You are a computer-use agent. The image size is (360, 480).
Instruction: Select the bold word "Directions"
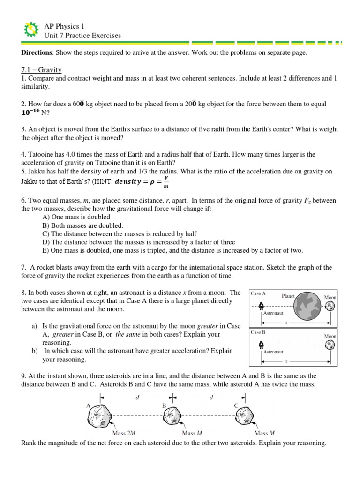coord(38,53)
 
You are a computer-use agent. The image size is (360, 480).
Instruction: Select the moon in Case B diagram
coord(330,345)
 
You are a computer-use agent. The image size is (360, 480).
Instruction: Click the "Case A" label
coord(258,293)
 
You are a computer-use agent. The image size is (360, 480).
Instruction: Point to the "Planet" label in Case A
coord(287,296)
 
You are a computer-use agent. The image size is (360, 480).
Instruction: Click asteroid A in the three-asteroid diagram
coord(99,414)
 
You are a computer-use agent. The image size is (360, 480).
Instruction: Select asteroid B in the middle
coord(168,415)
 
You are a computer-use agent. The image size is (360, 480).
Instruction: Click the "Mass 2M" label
coord(124,433)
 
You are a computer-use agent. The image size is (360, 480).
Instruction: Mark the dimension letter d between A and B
coord(137,397)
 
